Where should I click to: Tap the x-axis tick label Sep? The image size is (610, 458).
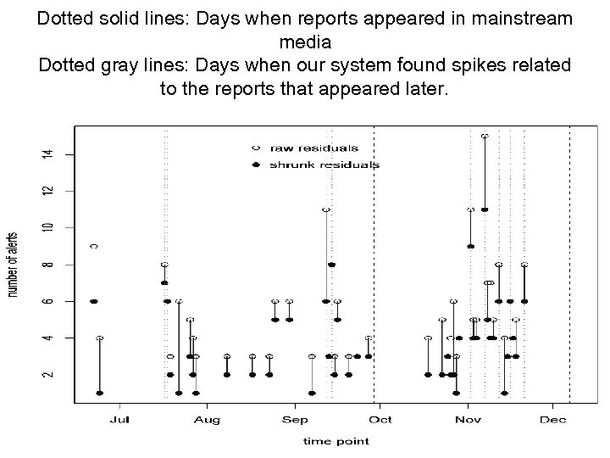click(x=295, y=420)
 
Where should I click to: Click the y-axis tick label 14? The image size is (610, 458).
click(x=47, y=154)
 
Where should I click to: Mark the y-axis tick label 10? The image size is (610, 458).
click(x=47, y=227)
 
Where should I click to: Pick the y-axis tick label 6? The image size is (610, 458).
click(x=47, y=301)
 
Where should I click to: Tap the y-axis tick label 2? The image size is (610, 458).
click(x=47, y=374)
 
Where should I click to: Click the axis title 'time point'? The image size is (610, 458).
click(x=336, y=440)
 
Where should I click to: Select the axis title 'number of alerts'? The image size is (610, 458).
click(x=14, y=265)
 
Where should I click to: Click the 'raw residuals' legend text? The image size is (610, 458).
click(x=313, y=148)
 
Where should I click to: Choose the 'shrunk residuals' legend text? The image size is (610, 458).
click(x=324, y=165)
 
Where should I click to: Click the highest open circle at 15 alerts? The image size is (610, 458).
click(x=485, y=136)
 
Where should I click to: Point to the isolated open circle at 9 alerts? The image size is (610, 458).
click(x=93, y=246)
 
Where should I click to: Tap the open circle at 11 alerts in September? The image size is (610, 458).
click(x=325, y=209)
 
